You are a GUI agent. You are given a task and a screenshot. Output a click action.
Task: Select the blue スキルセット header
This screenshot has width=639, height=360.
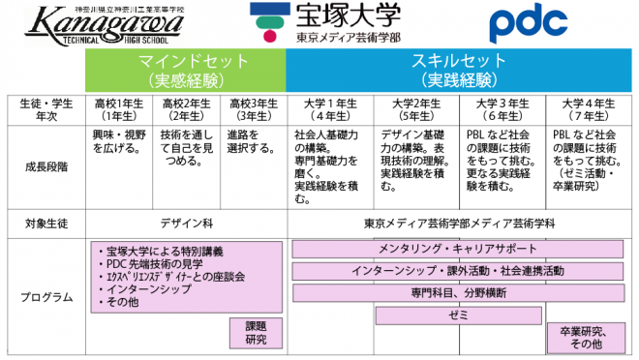click(460, 70)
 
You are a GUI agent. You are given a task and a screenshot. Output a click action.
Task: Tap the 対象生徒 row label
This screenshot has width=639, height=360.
click(45, 224)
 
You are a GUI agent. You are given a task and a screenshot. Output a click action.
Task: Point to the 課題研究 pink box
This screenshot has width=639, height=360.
click(257, 332)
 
